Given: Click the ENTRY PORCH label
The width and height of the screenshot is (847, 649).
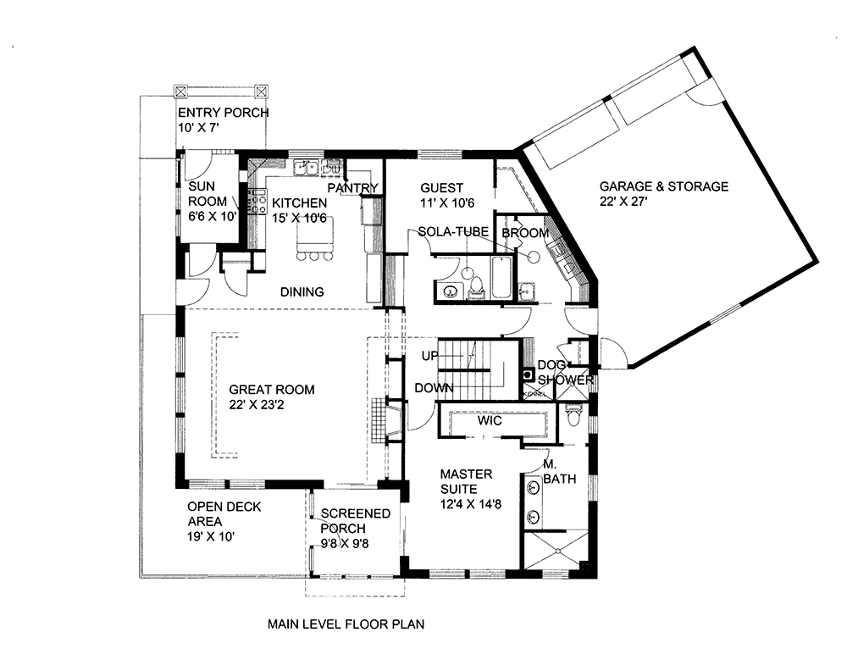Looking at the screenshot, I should tap(223, 113).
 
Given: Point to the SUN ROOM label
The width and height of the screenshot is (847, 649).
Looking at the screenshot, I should tap(208, 194).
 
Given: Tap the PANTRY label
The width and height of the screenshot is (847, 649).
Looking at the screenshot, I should tap(352, 187).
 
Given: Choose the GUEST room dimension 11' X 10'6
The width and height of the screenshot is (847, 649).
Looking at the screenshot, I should tap(441, 203).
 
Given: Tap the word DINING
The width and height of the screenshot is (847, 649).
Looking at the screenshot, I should tap(302, 292).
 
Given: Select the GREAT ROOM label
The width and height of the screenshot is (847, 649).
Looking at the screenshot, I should tap(271, 390).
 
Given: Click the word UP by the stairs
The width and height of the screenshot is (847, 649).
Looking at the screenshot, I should tap(429, 356).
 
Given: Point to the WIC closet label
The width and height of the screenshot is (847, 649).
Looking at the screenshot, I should tap(489, 420).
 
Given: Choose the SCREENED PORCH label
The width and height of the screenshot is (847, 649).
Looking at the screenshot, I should tap(355, 520).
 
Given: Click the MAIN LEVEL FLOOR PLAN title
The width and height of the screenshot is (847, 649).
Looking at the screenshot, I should tap(346, 624).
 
